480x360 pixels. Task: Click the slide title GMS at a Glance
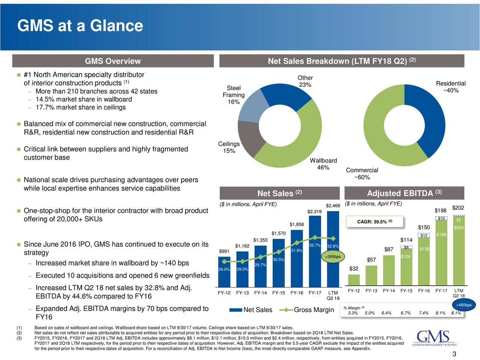80,26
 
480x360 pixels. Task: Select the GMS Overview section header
113,61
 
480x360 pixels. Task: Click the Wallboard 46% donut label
323,164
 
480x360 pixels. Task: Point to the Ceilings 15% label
228,148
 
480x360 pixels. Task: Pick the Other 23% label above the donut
305,81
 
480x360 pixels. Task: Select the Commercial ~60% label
362,174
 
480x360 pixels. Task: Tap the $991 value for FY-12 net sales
224,251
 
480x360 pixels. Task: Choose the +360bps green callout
333,257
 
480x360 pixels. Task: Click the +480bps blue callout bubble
463,305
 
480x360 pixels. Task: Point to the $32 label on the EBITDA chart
354,269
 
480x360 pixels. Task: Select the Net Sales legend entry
251,310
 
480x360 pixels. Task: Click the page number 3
454,354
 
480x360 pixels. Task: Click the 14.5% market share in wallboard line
83,99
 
